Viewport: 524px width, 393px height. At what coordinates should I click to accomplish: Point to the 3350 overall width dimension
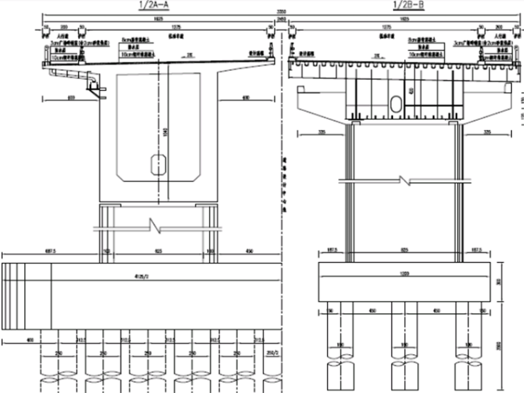point(281,12)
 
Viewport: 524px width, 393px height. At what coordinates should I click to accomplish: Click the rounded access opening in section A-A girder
point(159,163)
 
